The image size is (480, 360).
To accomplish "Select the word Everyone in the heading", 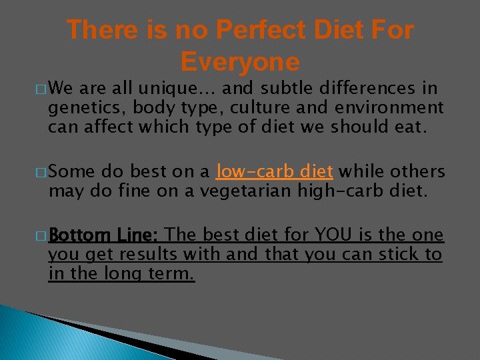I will click(240, 62).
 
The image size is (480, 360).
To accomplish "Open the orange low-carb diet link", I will click(274, 171).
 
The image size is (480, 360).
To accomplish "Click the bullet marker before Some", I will click(41, 173).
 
